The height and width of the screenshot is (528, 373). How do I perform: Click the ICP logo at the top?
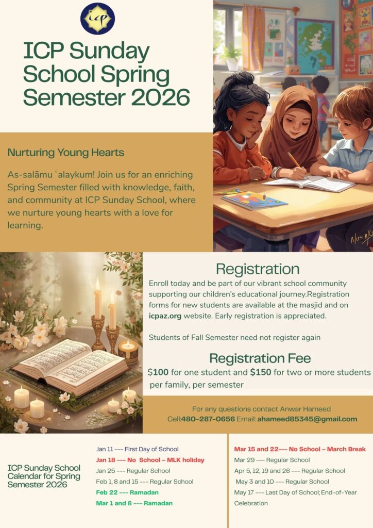[97, 19]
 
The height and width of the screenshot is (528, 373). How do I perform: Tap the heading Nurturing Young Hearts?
[65, 153]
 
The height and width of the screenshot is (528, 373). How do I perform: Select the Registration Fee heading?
[260, 358]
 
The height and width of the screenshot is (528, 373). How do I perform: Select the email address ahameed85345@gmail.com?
[307, 419]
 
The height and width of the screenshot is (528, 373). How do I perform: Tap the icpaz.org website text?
[165, 316]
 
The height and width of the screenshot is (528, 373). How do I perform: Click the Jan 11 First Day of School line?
[137, 449]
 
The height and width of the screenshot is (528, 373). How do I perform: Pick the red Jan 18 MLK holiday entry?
[150, 460]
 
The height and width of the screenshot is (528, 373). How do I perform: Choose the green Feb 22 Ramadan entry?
[127, 492]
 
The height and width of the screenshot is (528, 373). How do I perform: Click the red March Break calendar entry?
[300, 449]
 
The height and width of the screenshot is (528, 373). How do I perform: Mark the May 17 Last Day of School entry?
[295, 492]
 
